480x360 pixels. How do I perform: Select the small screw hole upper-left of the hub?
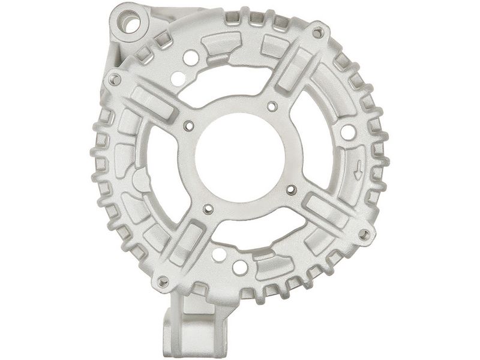coord(190,126)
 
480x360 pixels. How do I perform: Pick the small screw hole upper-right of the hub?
coord(272,107)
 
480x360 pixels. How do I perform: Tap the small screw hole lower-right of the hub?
coord(292,190)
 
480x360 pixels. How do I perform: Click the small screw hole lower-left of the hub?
coord(208,209)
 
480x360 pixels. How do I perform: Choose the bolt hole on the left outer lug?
coord(115,79)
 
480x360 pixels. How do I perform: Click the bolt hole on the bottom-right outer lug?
coord(364,234)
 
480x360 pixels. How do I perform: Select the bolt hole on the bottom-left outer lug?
coord(162,280)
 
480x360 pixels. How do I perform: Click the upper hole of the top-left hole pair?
coord(191,58)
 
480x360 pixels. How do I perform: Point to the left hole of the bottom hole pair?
coord(219,254)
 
